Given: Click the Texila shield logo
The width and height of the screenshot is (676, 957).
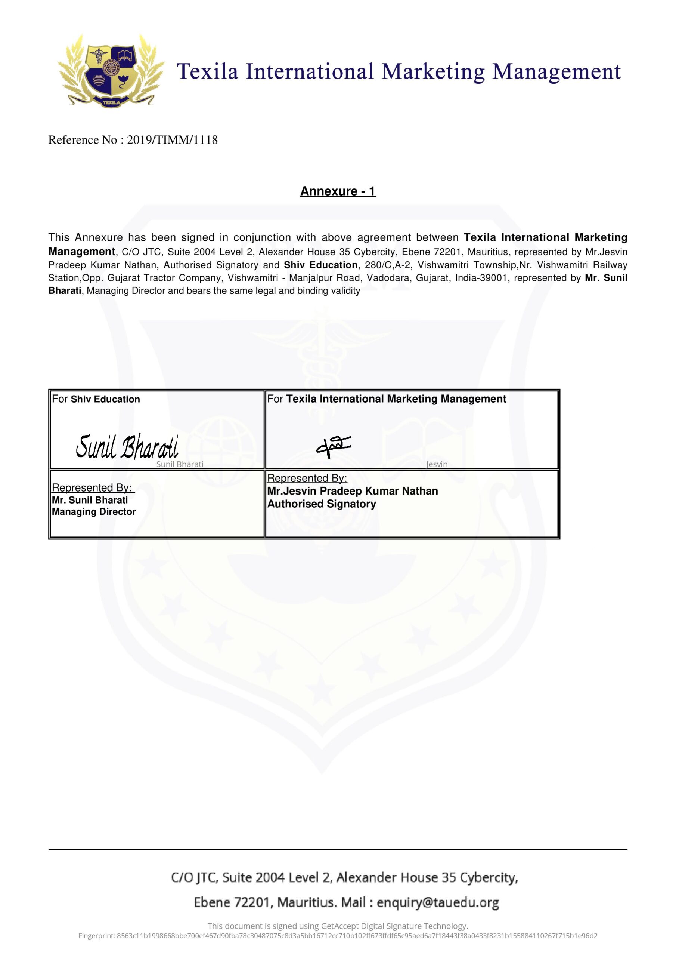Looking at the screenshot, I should click(111, 71).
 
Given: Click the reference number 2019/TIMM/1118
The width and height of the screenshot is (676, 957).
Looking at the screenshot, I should click(172, 140).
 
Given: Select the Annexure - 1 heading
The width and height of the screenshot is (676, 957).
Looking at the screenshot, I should click(338, 191).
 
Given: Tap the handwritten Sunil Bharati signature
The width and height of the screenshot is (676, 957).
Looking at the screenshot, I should click(127, 446).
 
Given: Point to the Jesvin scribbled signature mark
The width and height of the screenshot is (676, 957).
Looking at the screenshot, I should click(333, 446).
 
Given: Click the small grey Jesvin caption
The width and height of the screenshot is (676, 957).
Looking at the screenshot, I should click(437, 464).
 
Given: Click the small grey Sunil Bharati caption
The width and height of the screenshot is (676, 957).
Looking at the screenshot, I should click(180, 464).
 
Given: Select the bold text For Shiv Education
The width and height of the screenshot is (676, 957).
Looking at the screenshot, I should click(96, 399).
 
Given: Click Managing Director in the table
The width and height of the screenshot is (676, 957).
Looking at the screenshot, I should click(94, 512).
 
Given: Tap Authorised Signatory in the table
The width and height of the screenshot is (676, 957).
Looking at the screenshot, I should click(322, 504).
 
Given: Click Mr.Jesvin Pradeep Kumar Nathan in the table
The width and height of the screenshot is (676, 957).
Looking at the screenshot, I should click(352, 491).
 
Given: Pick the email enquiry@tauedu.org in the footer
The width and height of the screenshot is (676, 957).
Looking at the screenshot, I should click(438, 902).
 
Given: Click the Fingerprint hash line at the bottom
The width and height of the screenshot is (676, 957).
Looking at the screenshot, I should click(338, 936).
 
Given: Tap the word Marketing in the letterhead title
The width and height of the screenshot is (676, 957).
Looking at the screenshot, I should click(433, 72).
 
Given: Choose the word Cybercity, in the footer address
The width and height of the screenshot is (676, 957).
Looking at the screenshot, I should click(489, 878).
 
